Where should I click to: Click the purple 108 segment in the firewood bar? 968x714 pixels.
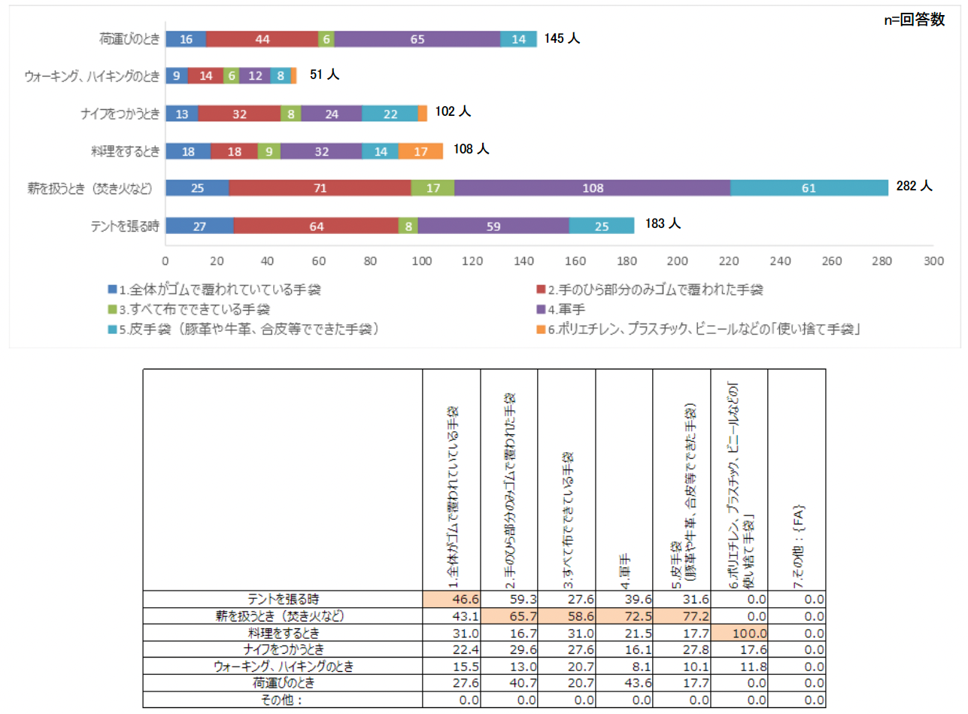[x=592, y=187]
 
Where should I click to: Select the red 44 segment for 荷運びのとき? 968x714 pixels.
[x=262, y=38]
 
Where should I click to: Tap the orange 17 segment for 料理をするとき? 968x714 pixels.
[x=420, y=150]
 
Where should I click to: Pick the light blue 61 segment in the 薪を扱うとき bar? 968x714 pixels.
[x=809, y=187]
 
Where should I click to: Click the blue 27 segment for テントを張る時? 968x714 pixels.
[x=199, y=225]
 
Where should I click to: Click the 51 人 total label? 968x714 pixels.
[x=326, y=74]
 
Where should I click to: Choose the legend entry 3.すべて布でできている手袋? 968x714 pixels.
[x=193, y=308]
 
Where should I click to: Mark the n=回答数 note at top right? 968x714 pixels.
[x=914, y=20]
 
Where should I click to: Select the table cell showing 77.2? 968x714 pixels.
[x=682, y=615]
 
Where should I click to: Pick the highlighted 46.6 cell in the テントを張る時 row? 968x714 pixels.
[x=451, y=599]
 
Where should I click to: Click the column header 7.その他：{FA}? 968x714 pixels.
[x=797, y=542]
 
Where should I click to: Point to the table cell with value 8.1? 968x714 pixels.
[x=624, y=667]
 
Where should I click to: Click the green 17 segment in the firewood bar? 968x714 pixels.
[x=432, y=187]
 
